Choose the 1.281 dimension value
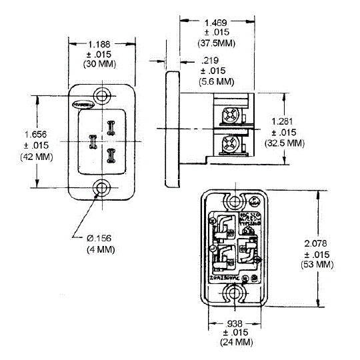pos(283,121)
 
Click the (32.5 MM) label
pos(285,142)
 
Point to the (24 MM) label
pos(233,342)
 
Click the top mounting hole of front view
pos(102,94)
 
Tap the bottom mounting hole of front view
pos(102,189)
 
